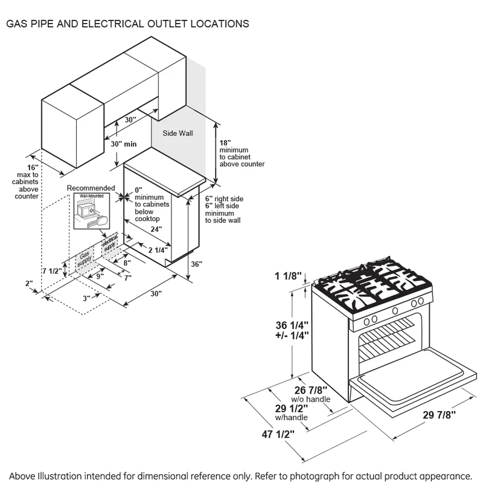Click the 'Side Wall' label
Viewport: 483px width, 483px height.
click(x=178, y=132)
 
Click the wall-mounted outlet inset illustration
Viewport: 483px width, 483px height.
click(x=89, y=211)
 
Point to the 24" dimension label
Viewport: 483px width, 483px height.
click(x=141, y=229)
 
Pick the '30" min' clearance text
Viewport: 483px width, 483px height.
click(x=124, y=144)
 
